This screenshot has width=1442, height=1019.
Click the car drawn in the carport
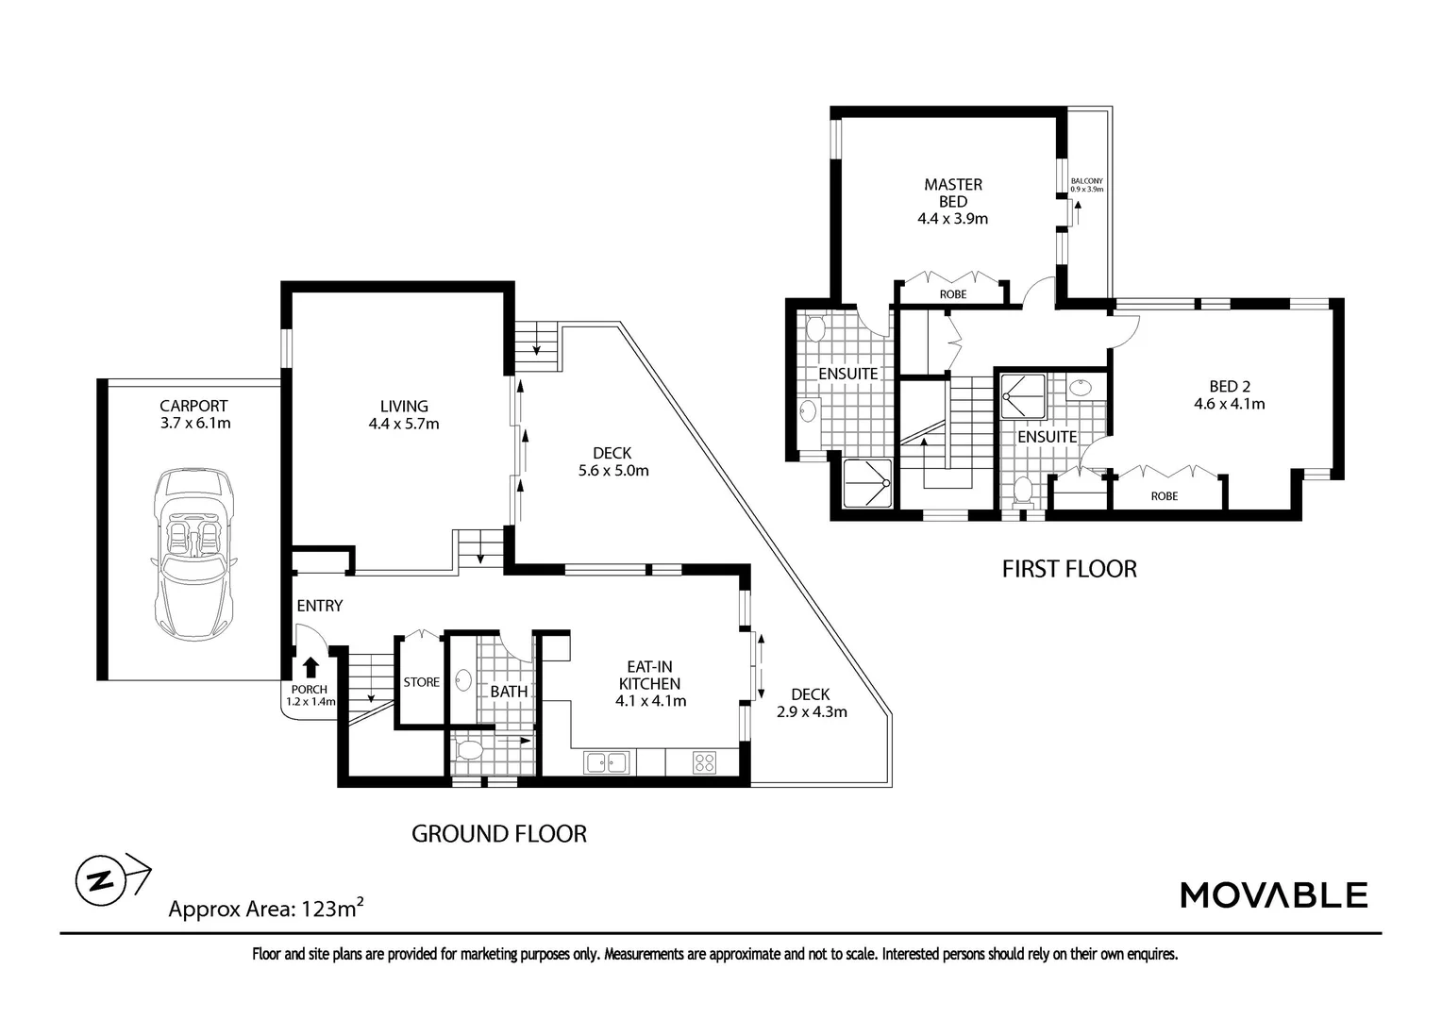click(194, 552)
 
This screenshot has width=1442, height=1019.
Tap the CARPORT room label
click(193, 407)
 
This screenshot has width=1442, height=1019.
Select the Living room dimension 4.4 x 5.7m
click(404, 425)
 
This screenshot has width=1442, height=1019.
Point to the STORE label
click(421, 682)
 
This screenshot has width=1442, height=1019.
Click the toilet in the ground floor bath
click(469, 751)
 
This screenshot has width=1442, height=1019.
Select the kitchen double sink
click(606, 761)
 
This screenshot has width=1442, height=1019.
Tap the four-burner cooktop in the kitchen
click(703, 761)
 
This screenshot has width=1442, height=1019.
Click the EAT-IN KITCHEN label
click(649, 675)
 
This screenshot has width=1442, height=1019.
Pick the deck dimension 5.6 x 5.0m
click(613, 471)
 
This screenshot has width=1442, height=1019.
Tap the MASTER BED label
click(952, 192)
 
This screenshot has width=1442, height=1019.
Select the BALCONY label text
click(1086, 181)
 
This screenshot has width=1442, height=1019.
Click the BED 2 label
click(1229, 386)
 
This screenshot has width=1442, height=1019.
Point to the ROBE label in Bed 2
click(1164, 496)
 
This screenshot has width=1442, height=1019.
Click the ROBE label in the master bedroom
click(952, 294)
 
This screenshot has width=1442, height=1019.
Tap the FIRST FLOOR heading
click(1068, 569)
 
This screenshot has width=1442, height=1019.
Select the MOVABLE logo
click(1273, 894)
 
